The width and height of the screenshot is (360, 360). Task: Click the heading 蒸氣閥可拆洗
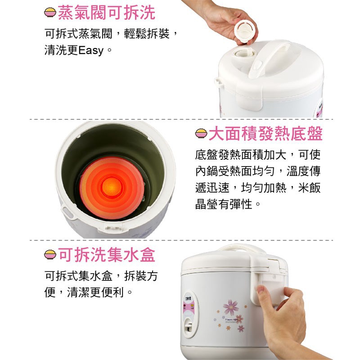coord(107,13)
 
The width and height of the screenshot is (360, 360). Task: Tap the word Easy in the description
coord(91,50)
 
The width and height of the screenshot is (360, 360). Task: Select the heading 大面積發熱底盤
coord(265,134)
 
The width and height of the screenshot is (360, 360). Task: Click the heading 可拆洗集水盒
coord(107,255)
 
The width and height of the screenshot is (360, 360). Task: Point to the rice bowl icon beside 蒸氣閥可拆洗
coord(50,13)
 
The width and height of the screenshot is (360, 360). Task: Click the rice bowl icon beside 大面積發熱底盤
coord(201,133)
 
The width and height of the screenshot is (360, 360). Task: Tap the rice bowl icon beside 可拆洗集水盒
coord(50,255)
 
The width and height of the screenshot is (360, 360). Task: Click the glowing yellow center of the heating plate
coord(112,187)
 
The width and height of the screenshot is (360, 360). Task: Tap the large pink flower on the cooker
coord(231,307)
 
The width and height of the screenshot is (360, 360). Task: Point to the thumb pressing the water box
coord(264,297)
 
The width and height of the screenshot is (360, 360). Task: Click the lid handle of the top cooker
coord(269,58)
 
